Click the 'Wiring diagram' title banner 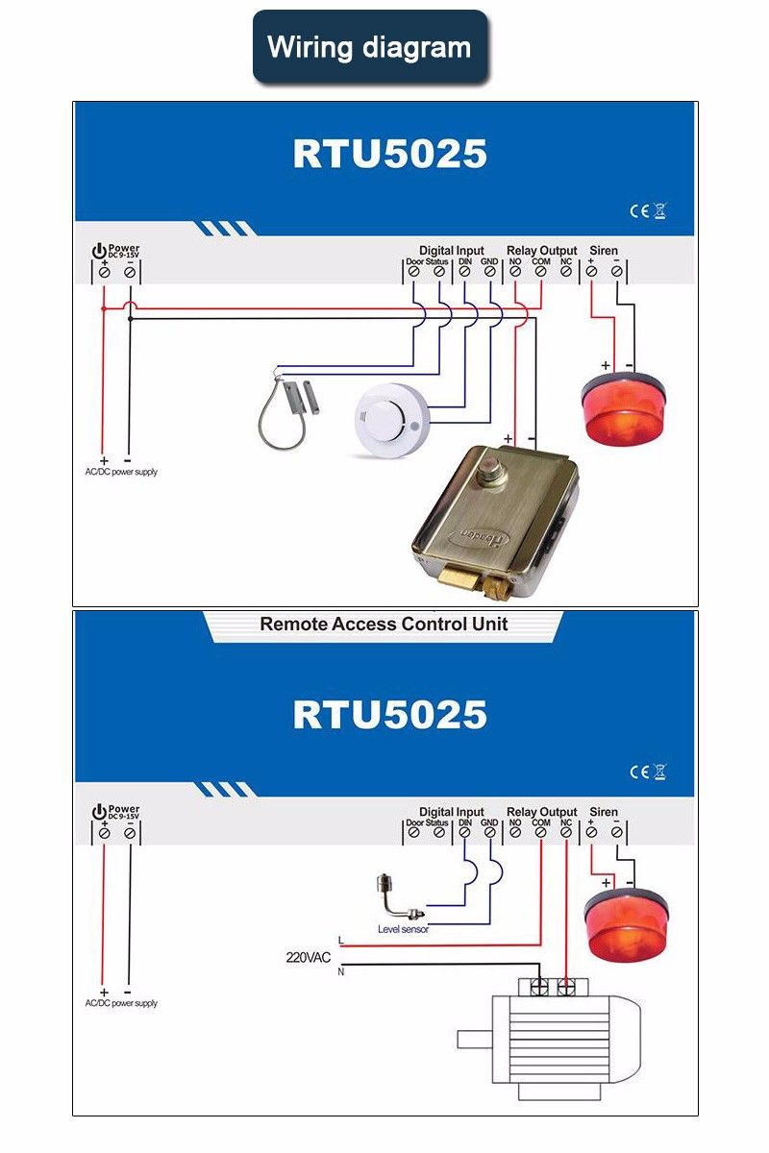[x=370, y=47]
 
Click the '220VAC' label [x=309, y=957]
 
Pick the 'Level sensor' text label [x=403, y=929]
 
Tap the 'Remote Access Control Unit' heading [x=384, y=625]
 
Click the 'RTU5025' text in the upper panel [x=389, y=154]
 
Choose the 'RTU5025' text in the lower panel [x=389, y=715]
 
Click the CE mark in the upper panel [x=639, y=211]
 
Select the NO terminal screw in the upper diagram [x=514, y=272]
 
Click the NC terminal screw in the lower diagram [x=566, y=833]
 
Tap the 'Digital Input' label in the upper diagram [x=452, y=251]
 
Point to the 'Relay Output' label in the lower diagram [x=541, y=812]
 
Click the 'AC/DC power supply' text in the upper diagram [x=121, y=472]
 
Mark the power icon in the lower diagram [x=99, y=812]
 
